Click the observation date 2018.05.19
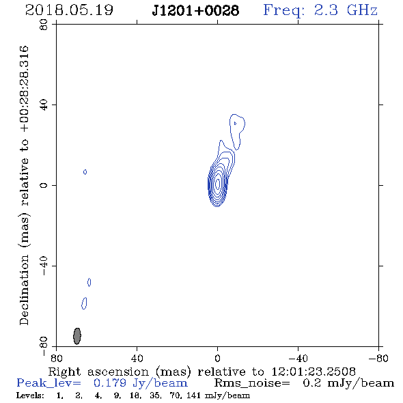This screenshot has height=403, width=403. point(69,10)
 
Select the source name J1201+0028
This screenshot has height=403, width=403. point(195,11)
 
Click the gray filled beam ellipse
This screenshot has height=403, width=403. point(77,336)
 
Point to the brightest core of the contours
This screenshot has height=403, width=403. point(218,184)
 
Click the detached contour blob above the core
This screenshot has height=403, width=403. point(237,132)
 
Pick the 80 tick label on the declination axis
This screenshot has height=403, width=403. point(44,25)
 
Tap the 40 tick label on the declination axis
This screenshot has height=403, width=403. point(44,105)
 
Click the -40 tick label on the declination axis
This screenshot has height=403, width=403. point(44,266)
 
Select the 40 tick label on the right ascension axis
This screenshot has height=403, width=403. point(137,359)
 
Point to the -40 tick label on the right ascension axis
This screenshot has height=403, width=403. point(298,359)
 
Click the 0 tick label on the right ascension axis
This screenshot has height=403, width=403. point(217,359)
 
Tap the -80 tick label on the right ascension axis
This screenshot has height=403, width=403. point(378,359)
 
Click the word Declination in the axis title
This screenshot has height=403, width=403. point(24,290)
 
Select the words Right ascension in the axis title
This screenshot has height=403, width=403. point(98,372)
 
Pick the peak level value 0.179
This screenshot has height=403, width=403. point(110,383)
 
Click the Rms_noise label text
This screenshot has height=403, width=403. point(251,383)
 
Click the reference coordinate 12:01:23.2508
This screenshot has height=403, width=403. point(314,372)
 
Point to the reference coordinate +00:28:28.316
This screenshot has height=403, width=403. point(25,89)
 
